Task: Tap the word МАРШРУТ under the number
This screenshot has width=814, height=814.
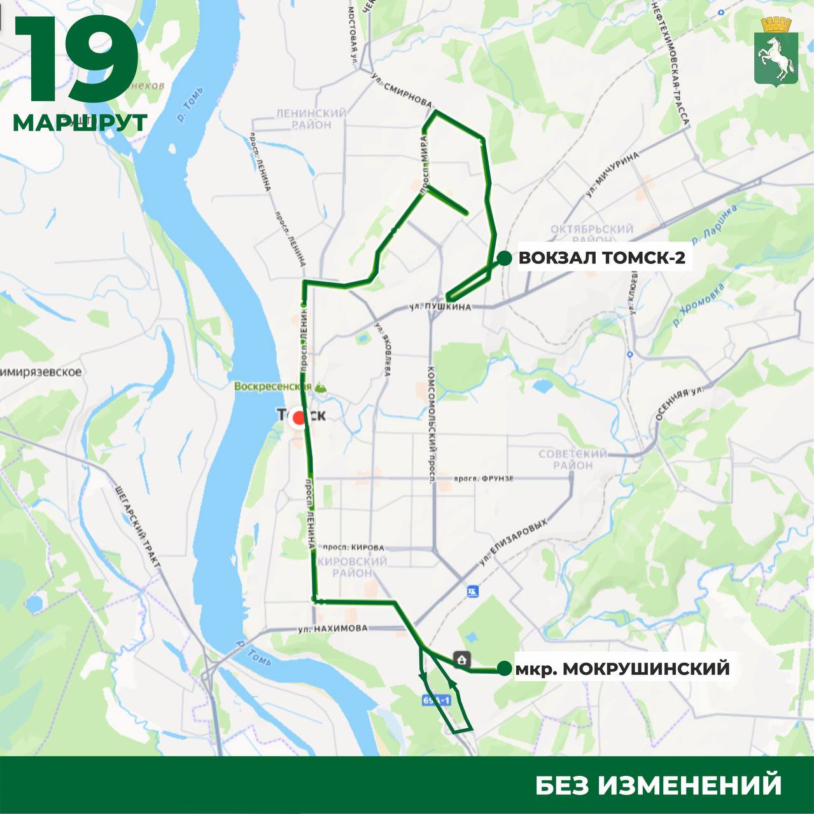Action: pyautogui.click(x=80, y=122)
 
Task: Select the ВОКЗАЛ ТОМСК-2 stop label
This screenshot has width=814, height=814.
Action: pyautogui.click(x=601, y=259)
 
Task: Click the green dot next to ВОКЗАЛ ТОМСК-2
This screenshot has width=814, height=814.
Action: pyautogui.click(x=504, y=258)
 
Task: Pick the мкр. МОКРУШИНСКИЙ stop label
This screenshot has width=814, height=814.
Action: pyautogui.click(x=622, y=668)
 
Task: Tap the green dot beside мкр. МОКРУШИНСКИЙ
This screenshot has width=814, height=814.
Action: pyautogui.click(x=504, y=668)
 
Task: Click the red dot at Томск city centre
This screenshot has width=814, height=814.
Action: pyautogui.click(x=298, y=418)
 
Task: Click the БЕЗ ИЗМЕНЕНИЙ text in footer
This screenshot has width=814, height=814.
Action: pyautogui.click(x=658, y=785)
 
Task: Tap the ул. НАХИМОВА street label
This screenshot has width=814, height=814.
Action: pyautogui.click(x=333, y=628)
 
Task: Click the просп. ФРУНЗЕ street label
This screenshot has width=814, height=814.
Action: pyautogui.click(x=484, y=478)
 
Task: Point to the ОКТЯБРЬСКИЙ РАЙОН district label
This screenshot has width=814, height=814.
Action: pyautogui.click(x=592, y=234)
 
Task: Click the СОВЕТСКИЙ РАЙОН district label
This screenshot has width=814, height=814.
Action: pyautogui.click(x=573, y=459)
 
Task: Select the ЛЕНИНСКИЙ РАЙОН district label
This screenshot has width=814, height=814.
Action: pyautogui.click(x=312, y=119)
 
